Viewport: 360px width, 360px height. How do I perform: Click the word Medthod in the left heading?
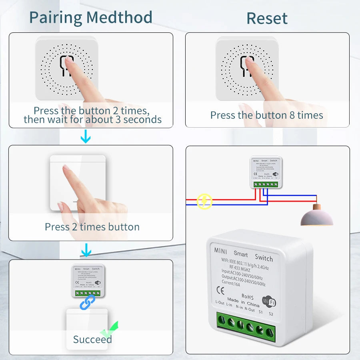(x=119, y=18)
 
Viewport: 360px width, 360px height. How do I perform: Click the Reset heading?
(x=267, y=18)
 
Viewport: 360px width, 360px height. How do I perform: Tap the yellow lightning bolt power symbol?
(x=204, y=201)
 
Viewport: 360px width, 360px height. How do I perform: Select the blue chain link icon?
(x=88, y=302)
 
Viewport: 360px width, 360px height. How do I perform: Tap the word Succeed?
(x=92, y=340)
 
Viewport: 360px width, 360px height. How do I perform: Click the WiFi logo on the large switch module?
(x=268, y=301)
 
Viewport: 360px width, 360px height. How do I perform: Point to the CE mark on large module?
(x=220, y=290)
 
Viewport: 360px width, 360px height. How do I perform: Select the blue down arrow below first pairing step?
(x=86, y=138)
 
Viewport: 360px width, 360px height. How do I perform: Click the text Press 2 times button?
(x=92, y=227)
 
